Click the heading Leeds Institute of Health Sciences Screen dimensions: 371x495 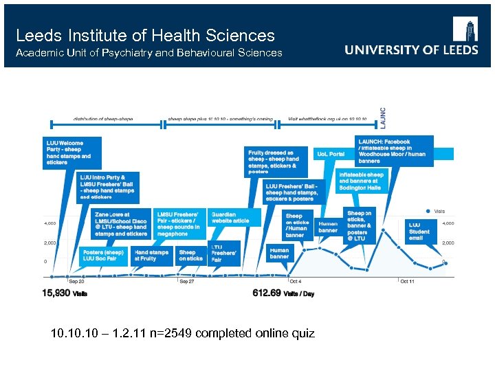coord(145,36)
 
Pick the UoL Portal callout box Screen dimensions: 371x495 coord(331,154)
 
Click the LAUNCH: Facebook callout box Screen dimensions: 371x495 coord(394,151)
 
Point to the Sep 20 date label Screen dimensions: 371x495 coord(77,281)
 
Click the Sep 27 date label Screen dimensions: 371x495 coord(188,281)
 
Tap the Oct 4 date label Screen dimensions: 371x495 coord(294,281)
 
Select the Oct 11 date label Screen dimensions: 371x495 coord(407,281)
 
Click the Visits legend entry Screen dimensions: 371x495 coord(436,211)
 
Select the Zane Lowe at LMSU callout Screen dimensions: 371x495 coord(121,224)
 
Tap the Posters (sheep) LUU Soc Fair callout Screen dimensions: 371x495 coord(104,255)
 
